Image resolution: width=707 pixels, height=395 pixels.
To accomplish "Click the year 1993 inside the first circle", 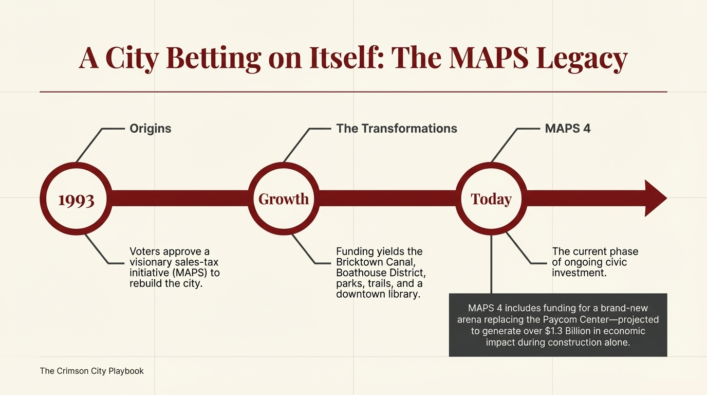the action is (77, 200).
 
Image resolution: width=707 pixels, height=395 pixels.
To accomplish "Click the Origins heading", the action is (150, 129).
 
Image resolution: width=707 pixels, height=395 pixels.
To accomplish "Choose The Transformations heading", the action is (397, 129).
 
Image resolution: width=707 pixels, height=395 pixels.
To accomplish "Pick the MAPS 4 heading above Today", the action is (567, 129).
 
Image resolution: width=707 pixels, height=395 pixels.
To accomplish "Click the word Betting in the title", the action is (213, 58).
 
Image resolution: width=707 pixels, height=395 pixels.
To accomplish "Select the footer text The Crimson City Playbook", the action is (91, 371).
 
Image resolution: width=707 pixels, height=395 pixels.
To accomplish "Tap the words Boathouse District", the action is (381, 273).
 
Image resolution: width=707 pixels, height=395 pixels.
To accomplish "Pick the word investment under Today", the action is (580, 273).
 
